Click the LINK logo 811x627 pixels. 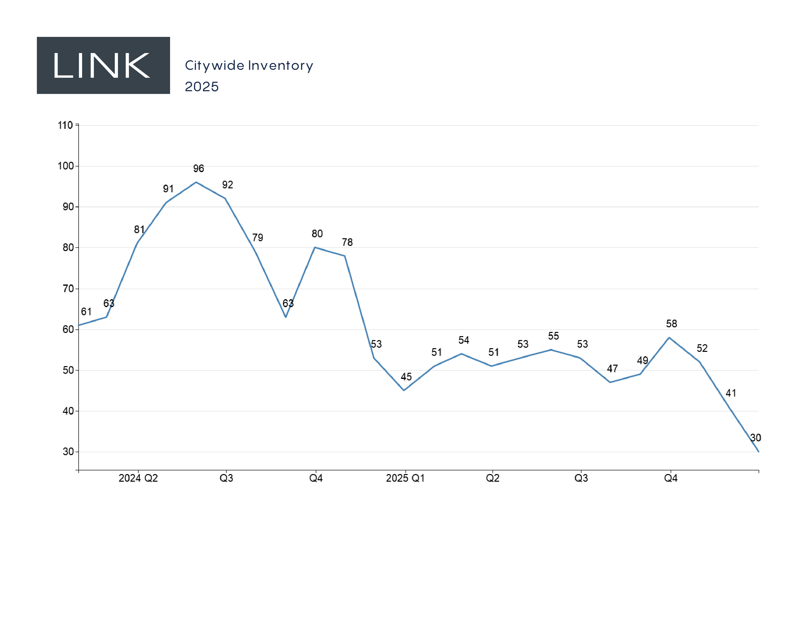tap(103, 65)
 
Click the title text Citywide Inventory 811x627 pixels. tap(249, 65)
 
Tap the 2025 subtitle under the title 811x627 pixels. tap(202, 87)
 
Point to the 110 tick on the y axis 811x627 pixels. tap(65, 125)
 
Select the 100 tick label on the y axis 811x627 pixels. tap(66, 166)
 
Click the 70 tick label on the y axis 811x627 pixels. tap(68, 289)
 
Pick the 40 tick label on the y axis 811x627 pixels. tap(68, 411)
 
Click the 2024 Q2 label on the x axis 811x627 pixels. tap(138, 478)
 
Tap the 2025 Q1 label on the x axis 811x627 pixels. tap(405, 478)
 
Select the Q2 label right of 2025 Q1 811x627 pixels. tap(492, 478)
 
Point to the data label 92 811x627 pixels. tap(228, 185)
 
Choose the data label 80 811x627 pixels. tap(317, 234)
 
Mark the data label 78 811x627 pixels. tap(347, 242)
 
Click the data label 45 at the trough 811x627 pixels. tap(406, 377)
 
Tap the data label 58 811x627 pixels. tap(671, 324)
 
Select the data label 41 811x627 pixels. tap(731, 393)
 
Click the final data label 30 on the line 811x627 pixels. tap(755, 438)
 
